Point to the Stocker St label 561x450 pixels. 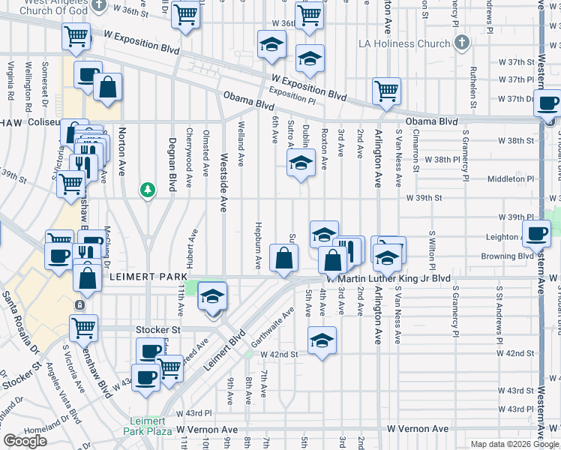click(x=158, y=329)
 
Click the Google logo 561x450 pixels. click(x=25, y=441)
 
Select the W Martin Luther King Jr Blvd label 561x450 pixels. click(x=394, y=278)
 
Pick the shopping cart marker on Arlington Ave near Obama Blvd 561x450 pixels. click(x=386, y=91)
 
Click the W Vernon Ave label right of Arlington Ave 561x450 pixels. click(x=418, y=429)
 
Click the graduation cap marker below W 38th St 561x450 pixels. click(x=301, y=163)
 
